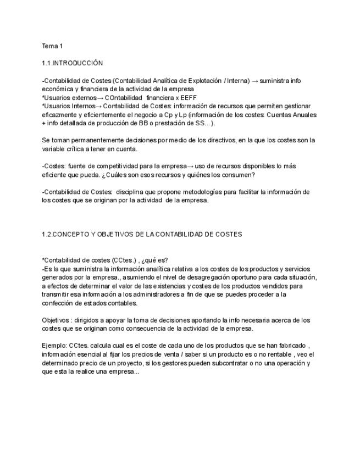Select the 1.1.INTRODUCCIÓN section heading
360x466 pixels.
point(72,63)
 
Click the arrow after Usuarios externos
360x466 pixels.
point(100,97)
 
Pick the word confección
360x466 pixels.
point(58,303)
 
